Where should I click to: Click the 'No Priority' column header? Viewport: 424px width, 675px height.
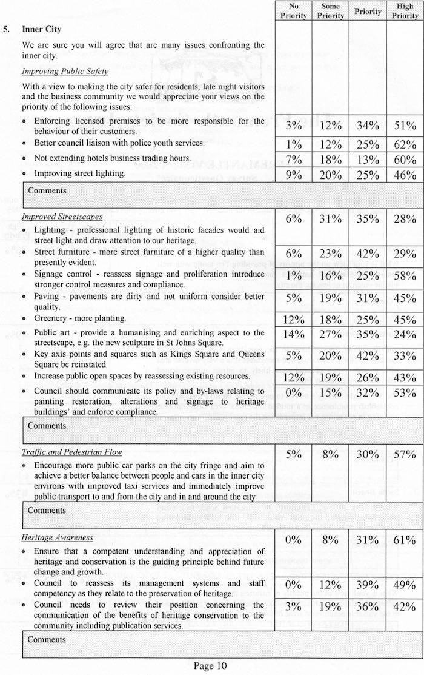(x=294, y=11)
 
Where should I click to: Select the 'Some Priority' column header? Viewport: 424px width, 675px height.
(x=331, y=11)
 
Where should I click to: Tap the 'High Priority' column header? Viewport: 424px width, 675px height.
(x=405, y=11)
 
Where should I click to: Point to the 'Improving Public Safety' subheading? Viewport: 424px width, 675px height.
(x=65, y=71)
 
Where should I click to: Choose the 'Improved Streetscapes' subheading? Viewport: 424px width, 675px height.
(x=62, y=217)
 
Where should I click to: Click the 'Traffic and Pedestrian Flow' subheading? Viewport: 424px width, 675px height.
(x=71, y=452)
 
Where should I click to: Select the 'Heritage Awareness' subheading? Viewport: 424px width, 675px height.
(x=58, y=537)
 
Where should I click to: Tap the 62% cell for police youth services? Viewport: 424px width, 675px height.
(x=405, y=144)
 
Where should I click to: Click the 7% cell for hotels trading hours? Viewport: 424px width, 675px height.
(x=294, y=160)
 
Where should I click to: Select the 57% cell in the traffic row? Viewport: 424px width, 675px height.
(x=405, y=455)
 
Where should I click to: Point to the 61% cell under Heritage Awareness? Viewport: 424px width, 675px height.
(x=405, y=540)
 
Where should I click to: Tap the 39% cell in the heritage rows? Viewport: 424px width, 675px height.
(x=368, y=585)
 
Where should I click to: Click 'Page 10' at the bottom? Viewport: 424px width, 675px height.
(x=210, y=666)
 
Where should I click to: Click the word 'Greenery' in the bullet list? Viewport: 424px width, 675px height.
(x=52, y=318)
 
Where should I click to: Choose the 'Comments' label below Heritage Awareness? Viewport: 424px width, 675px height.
(x=47, y=640)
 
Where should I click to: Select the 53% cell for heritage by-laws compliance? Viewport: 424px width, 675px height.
(x=405, y=394)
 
